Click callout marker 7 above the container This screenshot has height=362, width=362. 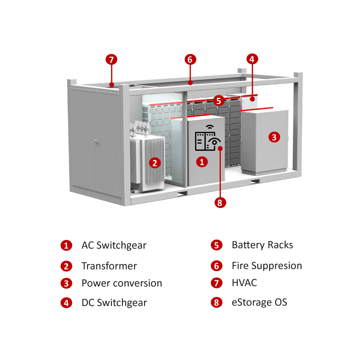[x=111, y=60]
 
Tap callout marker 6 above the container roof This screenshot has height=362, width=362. [x=190, y=59]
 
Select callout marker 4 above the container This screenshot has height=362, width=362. [x=252, y=59]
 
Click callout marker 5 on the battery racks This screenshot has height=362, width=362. [x=219, y=101]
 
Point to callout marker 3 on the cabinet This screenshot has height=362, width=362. [x=274, y=137]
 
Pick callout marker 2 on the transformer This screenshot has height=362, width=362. [x=155, y=163]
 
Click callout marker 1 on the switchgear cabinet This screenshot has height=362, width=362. [x=202, y=162]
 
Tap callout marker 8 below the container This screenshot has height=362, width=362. [x=220, y=202]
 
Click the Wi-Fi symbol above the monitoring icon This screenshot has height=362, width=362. [x=210, y=127]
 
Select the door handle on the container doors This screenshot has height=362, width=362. [x=97, y=142]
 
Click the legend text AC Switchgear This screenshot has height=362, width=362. [x=114, y=245]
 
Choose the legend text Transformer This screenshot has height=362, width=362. [x=109, y=266]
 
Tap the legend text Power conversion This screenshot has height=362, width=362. [x=122, y=283]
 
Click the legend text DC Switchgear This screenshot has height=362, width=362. [x=114, y=303]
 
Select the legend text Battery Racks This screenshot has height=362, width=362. [x=262, y=245]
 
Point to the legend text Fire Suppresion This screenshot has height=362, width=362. [x=267, y=266]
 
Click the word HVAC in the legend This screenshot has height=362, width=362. [x=244, y=283]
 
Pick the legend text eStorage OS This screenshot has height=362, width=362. [x=259, y=302]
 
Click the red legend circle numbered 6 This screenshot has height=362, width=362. [x=217, y=266]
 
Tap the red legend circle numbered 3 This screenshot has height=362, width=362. [x=66, y=283]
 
